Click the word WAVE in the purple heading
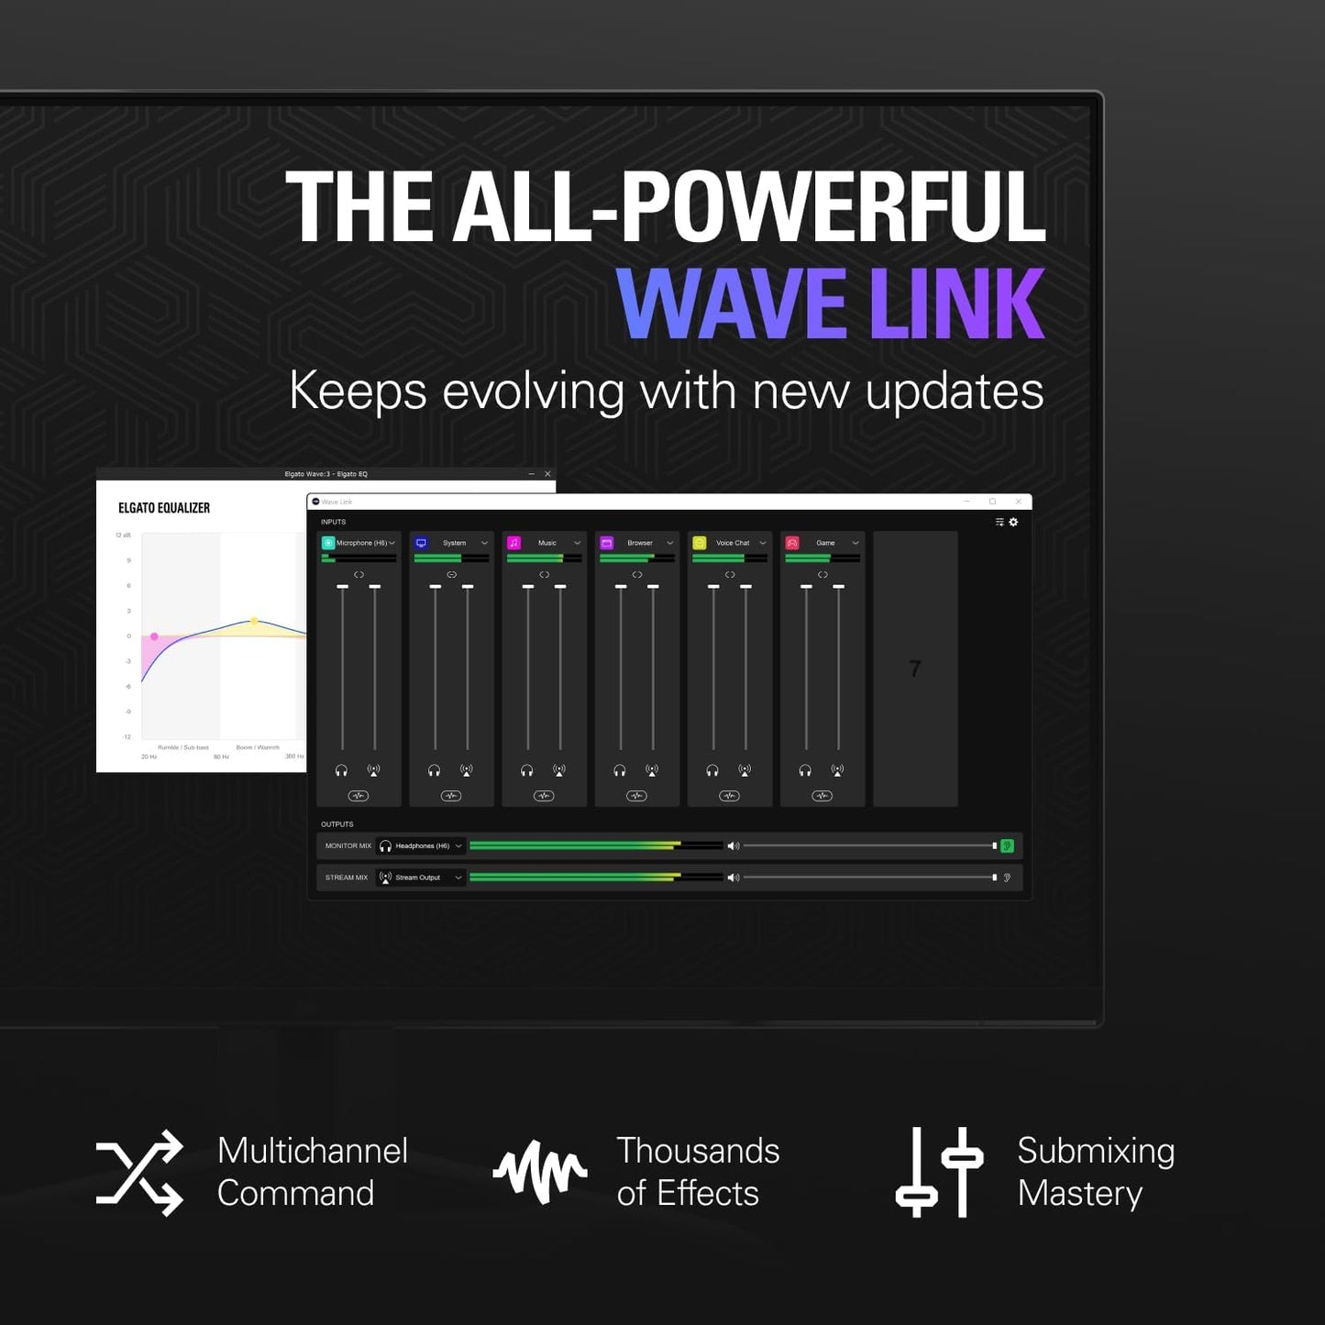point(731,304)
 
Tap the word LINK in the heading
point(956,304)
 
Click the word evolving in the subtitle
point(533,392)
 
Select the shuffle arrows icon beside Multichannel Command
point(139,1173)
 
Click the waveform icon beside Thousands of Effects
point(540,1172)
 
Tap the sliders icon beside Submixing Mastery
point(939,1173)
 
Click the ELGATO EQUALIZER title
point(164,508)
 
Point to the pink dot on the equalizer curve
point(154,636)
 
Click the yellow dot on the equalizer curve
point(255,621)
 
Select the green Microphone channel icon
point(328,543)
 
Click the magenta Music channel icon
point(513,543)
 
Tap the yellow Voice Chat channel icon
point(700,543)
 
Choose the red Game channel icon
point(792,543)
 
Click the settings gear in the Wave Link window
point(1013,522)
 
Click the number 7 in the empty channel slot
point(915,668)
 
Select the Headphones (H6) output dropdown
point(421,846)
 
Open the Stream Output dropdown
point(421,878)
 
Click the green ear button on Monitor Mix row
point(1007,846)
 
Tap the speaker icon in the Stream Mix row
point(733,878)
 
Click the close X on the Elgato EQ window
point(547,474)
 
